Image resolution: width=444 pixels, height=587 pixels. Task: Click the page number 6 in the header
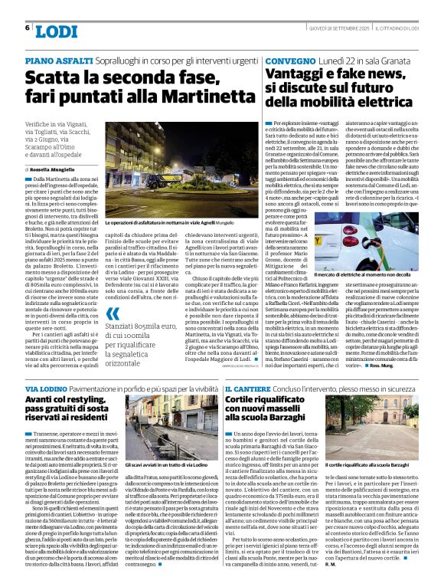click(x=28, y=28)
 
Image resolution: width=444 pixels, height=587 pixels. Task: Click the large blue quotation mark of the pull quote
click(x=113, y=313)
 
